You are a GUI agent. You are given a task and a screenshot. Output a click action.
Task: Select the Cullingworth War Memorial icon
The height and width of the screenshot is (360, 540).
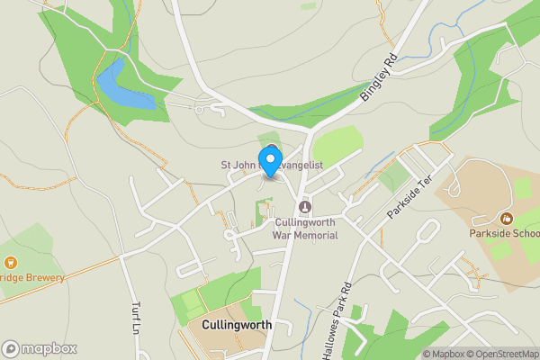coord(305,207)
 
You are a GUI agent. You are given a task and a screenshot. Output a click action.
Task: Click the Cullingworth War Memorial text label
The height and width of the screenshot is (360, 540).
coord(305,229)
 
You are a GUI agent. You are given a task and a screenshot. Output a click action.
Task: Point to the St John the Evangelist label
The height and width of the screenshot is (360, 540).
coord(273,165)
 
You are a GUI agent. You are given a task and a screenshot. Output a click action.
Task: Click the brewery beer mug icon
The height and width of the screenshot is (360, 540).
coord(12,262)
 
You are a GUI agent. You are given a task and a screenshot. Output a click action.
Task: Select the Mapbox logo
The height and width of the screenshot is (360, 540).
coord(40,348)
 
